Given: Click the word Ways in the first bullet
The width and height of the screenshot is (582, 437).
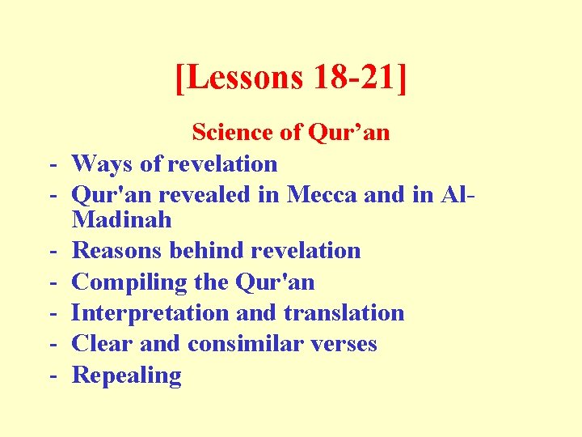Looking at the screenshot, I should tap(103, 164).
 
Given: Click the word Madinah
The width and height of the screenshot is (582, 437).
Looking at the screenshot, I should tap(122, 220).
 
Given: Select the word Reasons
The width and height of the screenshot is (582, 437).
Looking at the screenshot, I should tap(117, 251).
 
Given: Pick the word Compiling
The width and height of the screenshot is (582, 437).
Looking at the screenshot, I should tap(130, 282).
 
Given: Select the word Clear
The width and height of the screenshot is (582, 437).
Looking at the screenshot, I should tap(102, 344).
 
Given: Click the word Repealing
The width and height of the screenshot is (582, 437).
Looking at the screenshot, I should tap(127, 375).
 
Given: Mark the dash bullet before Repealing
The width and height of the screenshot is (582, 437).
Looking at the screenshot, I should tap(51, 375).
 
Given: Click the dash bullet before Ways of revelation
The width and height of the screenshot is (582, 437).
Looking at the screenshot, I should tap(51, 164).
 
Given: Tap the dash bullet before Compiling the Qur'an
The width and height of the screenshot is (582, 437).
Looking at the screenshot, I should tap(51, 282).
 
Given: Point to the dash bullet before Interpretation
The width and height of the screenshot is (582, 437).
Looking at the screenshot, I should tap(51, 313).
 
